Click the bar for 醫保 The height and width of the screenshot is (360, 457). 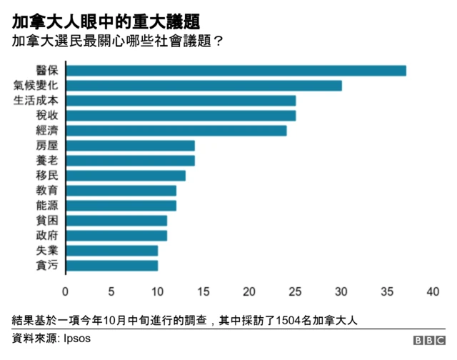(x=236, y=71)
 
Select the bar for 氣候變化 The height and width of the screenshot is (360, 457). (x=204, y=86)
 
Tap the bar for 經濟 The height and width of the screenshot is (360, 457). (x=176, y=131)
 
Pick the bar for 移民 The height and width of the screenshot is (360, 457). (x=126, y=176)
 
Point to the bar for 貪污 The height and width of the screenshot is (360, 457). (x=111, y=266)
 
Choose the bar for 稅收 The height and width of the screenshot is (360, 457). (x=181, y=116)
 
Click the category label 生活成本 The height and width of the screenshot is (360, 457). (x=36, y=101)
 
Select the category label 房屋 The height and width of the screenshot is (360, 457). (x=47, y=146)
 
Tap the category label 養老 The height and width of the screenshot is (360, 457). (x=47, y=161)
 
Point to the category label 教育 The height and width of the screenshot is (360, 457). (x=47, y=191)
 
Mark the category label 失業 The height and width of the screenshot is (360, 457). (x=47, y=251)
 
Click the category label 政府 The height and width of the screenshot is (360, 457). (x=47, y=236)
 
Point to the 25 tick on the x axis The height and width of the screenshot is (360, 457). (x=296, y=291)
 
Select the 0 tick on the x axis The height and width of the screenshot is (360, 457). (x=66, y=291)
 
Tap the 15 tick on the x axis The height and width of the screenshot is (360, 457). (x=204, y=291)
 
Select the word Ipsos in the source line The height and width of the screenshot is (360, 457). (x=77, y=339)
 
